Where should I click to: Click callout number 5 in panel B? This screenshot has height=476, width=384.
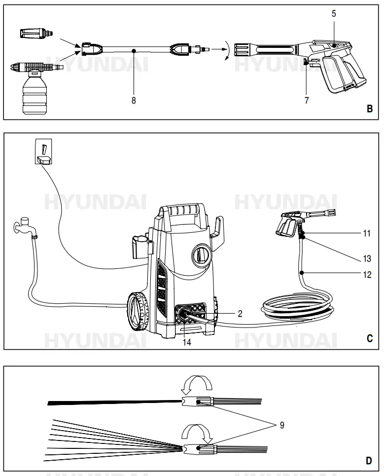tap(334, 13)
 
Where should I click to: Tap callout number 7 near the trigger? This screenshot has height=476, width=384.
tap(307, 101)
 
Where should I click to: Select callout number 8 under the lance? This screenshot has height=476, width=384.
tap(134, 100)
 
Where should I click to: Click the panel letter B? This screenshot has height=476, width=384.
tap(369, 109)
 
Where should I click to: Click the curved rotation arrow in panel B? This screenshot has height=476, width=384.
tap(225, 51)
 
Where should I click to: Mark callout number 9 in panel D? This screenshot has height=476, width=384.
tap(282, 424)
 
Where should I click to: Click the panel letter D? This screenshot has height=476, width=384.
tap(369, 461)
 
